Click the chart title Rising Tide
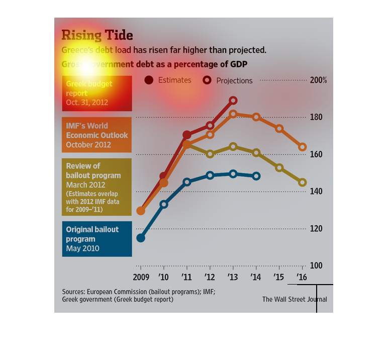(x=97, y=35)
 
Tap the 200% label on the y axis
(x=318, y=80)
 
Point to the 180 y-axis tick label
(x=316, y=117)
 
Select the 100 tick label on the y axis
(x=316, y=265)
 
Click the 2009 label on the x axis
(x=141, y=277)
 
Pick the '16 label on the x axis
(x=302, y=277)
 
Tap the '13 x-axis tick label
(x=233, y=277)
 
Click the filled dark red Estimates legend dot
(x=149, y=80)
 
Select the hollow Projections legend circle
(x=207, y=80)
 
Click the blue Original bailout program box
(x=97, y=239)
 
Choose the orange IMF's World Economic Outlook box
(x=97, y=135)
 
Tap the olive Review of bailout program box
(x=97, y=187)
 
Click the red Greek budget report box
(x=97, y=94)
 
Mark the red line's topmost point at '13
(x=233, y=101)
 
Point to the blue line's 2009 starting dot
(x=141, y=238)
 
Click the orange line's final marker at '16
(x=302, y=147)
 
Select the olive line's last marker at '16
(x=302, y=183)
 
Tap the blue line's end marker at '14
(x=256, y=176)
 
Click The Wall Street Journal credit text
(x=295, y=299)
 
